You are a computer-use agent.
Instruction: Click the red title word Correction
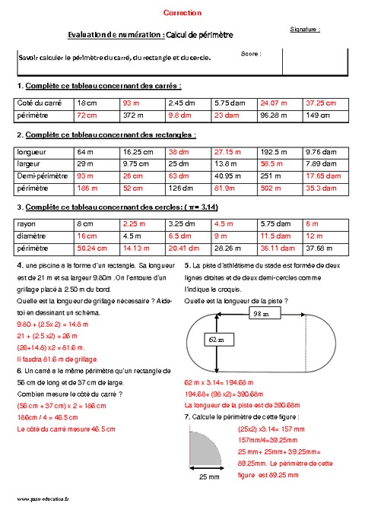click(x=182, y=13)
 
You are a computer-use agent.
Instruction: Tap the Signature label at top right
click(x=305, y=29)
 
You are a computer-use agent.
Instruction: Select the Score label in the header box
click(x=251, y=54)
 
